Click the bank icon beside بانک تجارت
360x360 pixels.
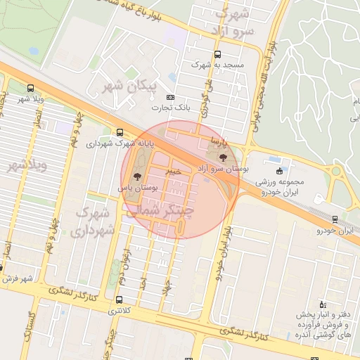click(169, 98)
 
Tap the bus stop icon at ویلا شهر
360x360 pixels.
click(30, 89)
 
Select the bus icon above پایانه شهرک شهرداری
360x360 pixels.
click(120, 132)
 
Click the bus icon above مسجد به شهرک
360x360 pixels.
click(217, 54)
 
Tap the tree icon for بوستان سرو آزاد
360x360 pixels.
click(224, 157)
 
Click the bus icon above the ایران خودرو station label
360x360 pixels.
click(335, 219)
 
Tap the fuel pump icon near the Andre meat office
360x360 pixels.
click(322, 304)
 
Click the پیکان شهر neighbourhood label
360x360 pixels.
click(127, 88)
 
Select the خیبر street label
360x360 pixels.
click(173, 171)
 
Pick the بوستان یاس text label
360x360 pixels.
click(134, 188)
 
